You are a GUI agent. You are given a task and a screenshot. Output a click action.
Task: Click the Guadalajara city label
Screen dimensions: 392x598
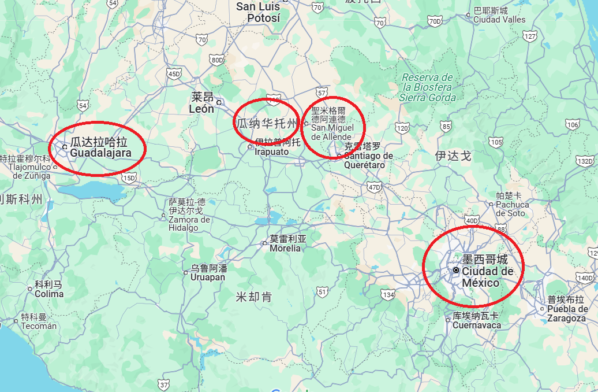(x=100, y=148)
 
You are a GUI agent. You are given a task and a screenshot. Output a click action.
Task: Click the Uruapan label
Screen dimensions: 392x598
(x=208, y=273)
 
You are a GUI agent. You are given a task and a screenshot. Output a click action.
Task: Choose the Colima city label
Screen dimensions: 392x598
(x=48, y=289)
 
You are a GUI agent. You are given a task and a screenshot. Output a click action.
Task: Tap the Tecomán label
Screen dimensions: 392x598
(x=39, y=321)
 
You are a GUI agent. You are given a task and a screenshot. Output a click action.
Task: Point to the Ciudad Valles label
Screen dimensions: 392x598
(x=499, y=15)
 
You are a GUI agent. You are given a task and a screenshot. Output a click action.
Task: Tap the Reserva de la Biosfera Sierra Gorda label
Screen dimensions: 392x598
(x=428, y=88)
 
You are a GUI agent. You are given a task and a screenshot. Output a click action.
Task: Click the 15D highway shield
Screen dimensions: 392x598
(x=129, y=177)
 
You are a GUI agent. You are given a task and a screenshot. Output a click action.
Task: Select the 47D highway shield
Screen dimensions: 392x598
(x=374, y=187)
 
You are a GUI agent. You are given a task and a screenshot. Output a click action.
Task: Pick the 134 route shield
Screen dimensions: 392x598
(x=388, y=295)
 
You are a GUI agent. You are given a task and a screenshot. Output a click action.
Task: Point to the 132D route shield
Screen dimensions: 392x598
(x=585, y=161)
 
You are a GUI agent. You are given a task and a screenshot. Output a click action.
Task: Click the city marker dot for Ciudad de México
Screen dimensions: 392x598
(x=456, y=270)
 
